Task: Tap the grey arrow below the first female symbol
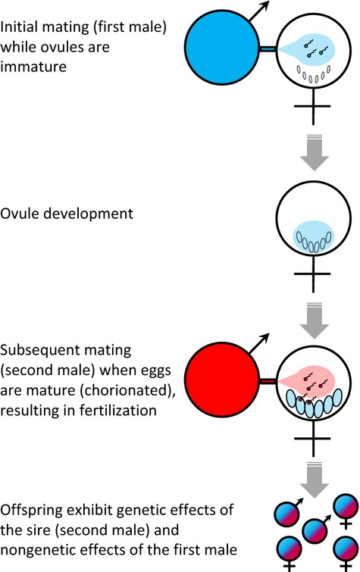point(314,152)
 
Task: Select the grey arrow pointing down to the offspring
point(314,480)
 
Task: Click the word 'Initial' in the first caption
point(17,27)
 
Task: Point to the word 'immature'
point(33,67)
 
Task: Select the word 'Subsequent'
point(39,350)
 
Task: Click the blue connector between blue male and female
point(268,49)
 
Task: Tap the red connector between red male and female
point(268,381)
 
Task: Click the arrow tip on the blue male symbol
point(269,2)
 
